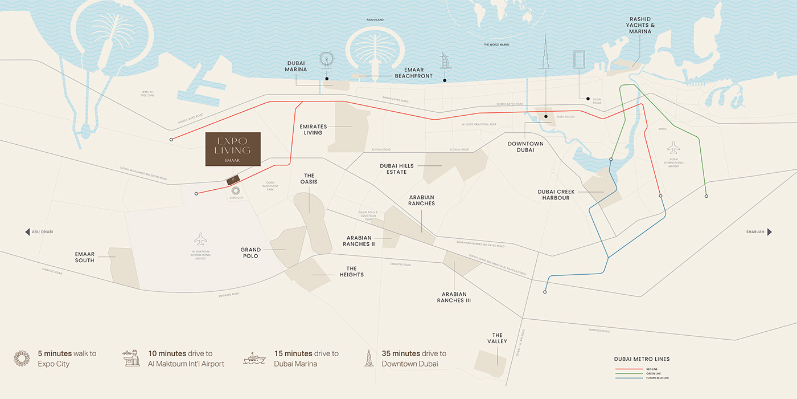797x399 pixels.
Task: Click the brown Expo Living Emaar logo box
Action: pyautogui.click(x=233, y=149)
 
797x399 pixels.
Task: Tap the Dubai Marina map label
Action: pyautogui.click(x=296, y=66)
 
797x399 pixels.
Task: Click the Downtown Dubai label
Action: pyautogui.click(x=525, y=147)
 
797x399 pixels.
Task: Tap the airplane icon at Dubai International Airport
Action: pyautogui.click(x=673, y=148)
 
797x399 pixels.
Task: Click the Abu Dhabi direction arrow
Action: pyautogui.click(x=27, y=232)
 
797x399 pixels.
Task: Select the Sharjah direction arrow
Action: pyautogui.click(x=770, y=232)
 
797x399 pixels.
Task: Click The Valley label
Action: pyautogui.click(x=498, y=338)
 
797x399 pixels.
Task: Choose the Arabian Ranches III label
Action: pyautogui.click(x=454, y=297)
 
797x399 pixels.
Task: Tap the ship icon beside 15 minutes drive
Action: pyautogui.click(x=254, y=359)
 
